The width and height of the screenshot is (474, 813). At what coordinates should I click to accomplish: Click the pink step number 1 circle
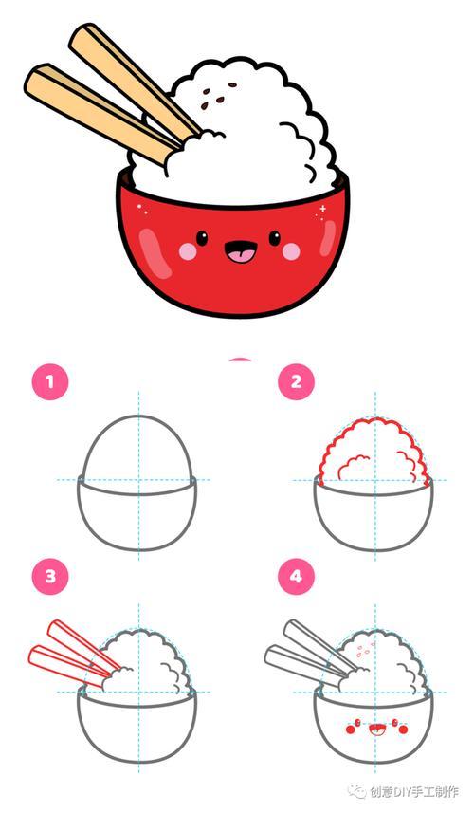[50, 382]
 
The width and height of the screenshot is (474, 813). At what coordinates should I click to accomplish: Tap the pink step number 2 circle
[296, 382]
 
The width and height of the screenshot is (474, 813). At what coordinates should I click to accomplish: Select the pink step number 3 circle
[50, 577]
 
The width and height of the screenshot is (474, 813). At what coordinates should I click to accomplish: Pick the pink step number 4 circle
[296, 577]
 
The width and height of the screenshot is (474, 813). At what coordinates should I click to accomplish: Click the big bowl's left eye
[202, 238]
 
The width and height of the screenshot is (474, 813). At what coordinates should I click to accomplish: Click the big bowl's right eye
[275, 238]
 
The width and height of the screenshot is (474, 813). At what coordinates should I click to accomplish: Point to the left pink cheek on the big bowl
[188, 251]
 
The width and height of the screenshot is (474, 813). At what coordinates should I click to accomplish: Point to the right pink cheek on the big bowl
[291, 251]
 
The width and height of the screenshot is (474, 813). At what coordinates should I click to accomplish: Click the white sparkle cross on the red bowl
[322, 209]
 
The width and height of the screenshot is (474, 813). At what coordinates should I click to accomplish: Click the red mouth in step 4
[375, 730]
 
